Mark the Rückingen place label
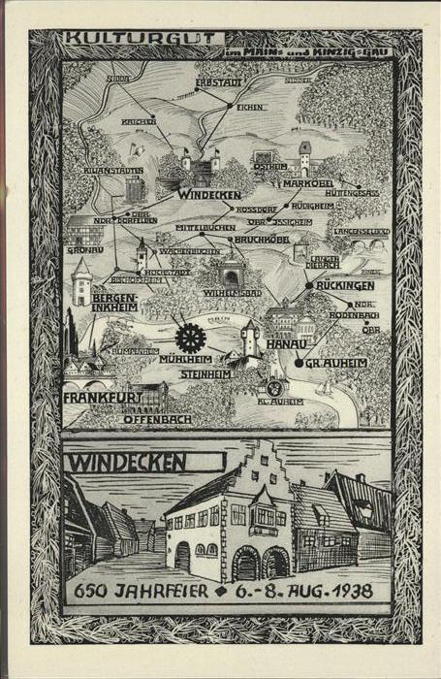pos(343,286)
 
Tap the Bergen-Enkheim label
pos(114,302)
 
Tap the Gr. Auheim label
pos(335,363)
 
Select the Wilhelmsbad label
pos(234,291)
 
